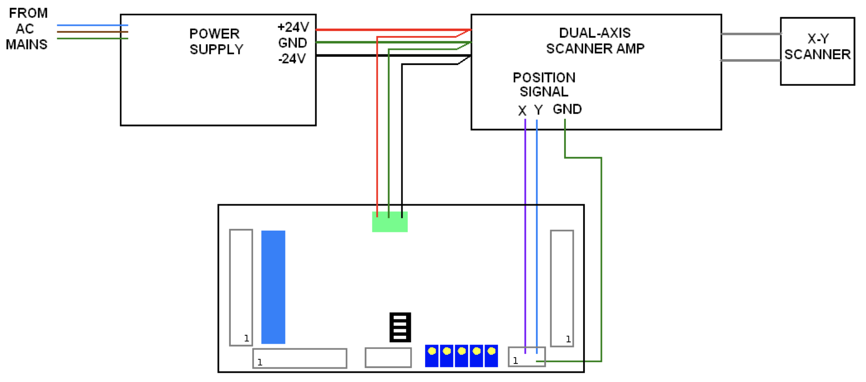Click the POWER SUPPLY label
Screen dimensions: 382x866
point(216,42)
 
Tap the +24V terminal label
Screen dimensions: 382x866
point(293,27)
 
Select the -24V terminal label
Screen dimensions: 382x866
point(292,59)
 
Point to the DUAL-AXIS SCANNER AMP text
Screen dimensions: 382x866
point(595,41)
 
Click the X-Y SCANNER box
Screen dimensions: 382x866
point(817,51)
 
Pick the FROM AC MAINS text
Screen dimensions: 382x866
point(27,29)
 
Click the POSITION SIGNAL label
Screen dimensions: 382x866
point(544,84)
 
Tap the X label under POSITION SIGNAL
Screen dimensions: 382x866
point(522,111)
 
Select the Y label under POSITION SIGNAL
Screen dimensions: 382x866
point(538,110)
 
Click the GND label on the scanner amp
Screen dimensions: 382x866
point(567,109)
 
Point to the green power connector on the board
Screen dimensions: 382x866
point(390,222)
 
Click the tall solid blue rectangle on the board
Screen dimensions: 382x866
point(273,287)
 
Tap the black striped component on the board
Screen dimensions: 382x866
point(400,327)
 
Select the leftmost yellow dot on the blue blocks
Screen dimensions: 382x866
point(432,351)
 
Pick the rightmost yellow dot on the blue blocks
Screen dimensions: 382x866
point(492,351)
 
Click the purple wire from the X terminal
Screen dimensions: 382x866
point(525,231)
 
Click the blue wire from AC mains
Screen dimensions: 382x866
point(92,25)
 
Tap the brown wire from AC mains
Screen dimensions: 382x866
point(92,32)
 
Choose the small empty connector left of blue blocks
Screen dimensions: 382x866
point(388,358)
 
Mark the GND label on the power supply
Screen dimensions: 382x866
point(293,43)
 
